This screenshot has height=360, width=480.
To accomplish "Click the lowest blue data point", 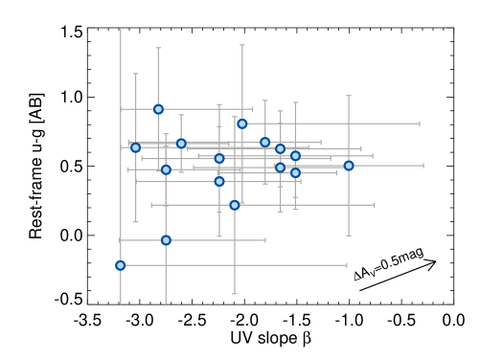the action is click(121, 265).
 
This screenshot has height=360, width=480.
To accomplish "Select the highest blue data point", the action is click(158, 109).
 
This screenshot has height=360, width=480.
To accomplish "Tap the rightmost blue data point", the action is click(349, 166).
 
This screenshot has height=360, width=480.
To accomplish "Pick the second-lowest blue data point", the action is click(166, 240).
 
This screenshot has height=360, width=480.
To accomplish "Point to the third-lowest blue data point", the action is click(235, 205).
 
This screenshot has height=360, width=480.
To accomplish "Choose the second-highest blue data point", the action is click(242, 124).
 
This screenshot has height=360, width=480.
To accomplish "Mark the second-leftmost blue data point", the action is click(135, 147).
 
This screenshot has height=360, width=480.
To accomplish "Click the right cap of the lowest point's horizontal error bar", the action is click(347, 265).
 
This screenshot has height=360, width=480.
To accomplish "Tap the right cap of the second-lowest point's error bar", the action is click(265, 240).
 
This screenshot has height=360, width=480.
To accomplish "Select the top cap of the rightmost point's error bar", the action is click(349, 96).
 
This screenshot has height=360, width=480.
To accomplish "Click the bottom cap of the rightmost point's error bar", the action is click(349, 236).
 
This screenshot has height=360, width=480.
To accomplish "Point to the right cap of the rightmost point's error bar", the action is click(423, 166).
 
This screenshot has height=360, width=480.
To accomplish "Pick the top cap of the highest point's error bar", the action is click(158, 48).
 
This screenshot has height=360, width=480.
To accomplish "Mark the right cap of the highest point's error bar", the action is click(253, 109).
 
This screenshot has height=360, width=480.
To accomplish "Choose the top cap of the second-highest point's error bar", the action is click(242, 45).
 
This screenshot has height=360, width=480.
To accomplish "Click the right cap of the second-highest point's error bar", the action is click(420, 124).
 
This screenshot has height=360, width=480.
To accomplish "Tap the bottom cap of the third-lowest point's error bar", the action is click(235, 294).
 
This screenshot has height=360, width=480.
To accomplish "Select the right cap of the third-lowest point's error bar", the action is click(375, 205).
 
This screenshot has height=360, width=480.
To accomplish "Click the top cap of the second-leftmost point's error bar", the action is click(135, 74).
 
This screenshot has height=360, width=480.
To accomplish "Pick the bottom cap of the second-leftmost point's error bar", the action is click(135, 222).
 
